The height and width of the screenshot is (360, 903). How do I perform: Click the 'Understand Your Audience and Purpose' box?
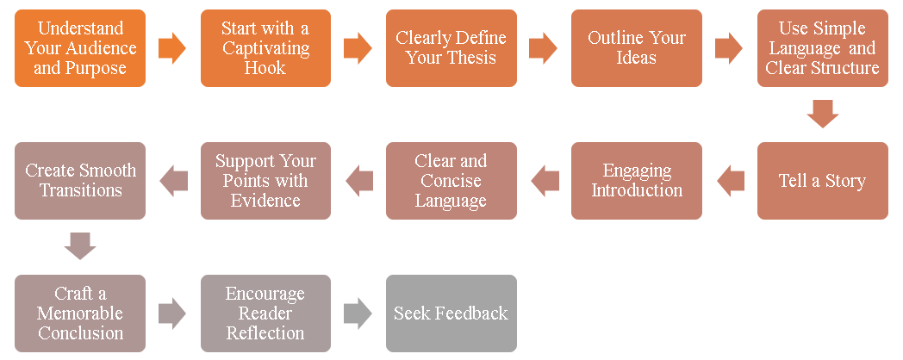(x=80, y=48)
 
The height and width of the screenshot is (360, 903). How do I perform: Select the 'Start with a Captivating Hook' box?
(x=265, y=48)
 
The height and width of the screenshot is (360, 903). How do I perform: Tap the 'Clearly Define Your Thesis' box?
(x=451, y=48)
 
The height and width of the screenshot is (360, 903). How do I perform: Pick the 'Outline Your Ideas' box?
(x=637, y=48)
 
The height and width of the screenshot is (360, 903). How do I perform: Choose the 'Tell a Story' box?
(x=822, y=181)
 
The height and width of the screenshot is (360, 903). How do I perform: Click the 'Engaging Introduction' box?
(x=637, y=181)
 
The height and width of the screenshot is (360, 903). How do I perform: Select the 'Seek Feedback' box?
(x=451, y=313)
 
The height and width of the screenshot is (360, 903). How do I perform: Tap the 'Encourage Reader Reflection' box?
(x=265, y=313)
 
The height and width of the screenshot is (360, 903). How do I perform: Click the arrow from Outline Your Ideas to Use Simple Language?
(x=729, y=48)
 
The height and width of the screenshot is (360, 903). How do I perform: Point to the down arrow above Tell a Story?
(x=822, y=114)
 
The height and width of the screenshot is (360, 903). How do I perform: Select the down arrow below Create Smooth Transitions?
(x=80, y=246)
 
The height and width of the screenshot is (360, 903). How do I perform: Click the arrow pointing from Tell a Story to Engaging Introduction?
(x=730, y=181)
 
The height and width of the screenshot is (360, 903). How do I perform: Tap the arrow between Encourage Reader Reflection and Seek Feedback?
(x=358, y=313)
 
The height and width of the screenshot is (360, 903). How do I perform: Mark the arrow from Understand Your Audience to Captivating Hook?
(x=173, y=48)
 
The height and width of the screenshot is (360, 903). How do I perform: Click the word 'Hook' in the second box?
(x=265, y=68)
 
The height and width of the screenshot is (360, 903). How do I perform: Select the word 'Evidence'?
(x=265, y=201)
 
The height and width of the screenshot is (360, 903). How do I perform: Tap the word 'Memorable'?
(x=80, y=313)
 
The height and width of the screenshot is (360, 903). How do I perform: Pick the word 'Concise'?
(x=451, y=181)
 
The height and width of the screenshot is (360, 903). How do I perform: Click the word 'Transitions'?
(x=80, y=190)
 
